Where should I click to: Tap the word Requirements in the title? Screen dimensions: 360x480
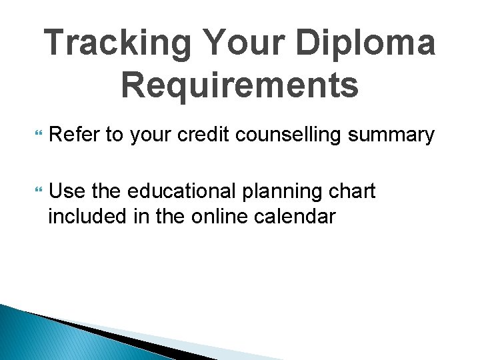240,85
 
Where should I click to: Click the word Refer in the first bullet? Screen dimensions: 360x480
75,135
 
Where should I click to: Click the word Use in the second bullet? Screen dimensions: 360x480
67,192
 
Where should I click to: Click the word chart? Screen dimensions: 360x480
351,192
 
